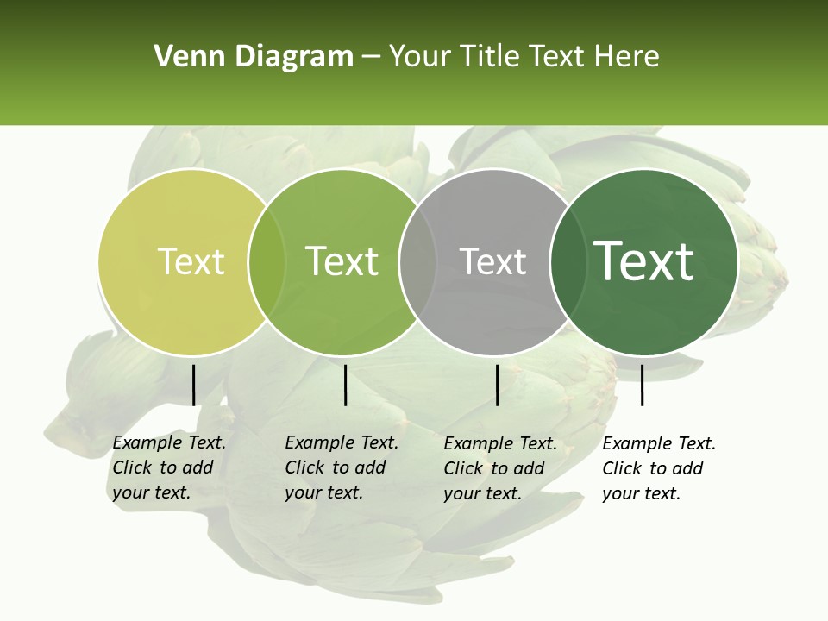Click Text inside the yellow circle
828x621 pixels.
(x=191, y=261)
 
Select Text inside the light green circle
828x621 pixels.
(x=342, y=261)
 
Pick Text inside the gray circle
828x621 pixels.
(x=492, y=261)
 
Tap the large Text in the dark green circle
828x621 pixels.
(x=644, y=260)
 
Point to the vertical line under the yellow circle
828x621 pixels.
(x=193, y=385)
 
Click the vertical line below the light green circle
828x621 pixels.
(x=345, y=385)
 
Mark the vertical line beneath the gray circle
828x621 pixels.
(x=497, y=385)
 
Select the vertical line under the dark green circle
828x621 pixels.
(x=642, y=385)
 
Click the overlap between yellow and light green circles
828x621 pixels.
(x=267, y=262)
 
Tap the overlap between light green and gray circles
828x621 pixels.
(x=418, y=262)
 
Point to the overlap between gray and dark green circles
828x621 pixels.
(x=564, y=262)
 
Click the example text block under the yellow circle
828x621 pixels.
(x=168, y=467)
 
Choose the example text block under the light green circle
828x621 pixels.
(x=341, y=467)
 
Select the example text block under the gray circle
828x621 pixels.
(x=499, y=468)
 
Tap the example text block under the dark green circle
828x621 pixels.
(x=658, y=468)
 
